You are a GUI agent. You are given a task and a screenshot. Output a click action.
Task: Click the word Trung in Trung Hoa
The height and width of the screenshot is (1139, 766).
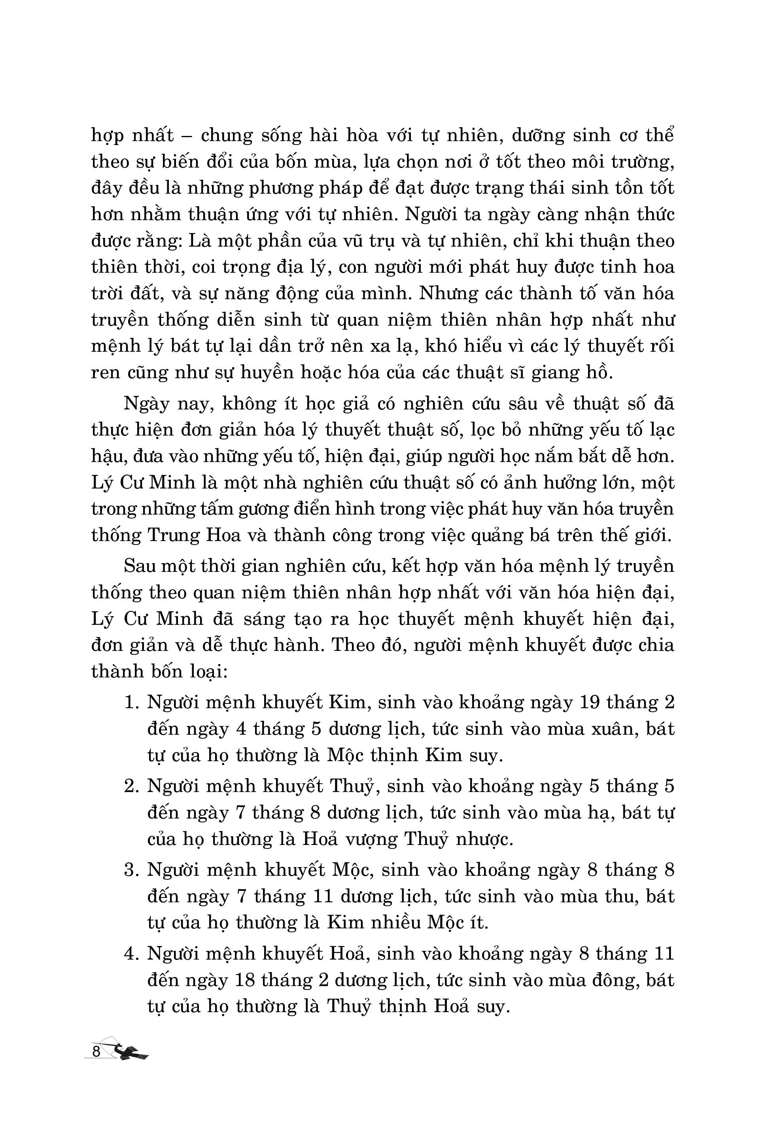tap(171, 535)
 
